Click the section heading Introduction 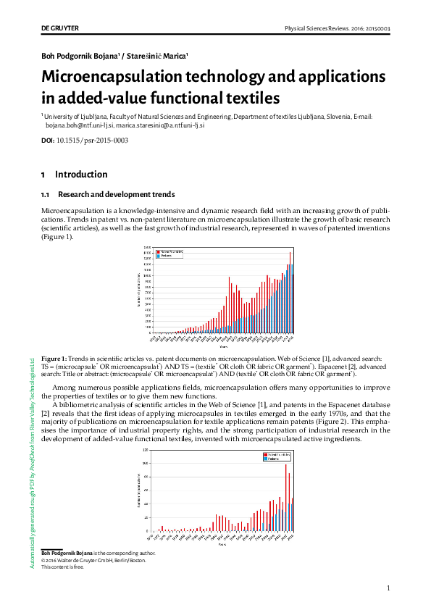[x=80, y=175]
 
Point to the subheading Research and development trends [x=116, y=195]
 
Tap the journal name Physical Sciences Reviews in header [x=318, y=28]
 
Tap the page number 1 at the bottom [x=388, y=588]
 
